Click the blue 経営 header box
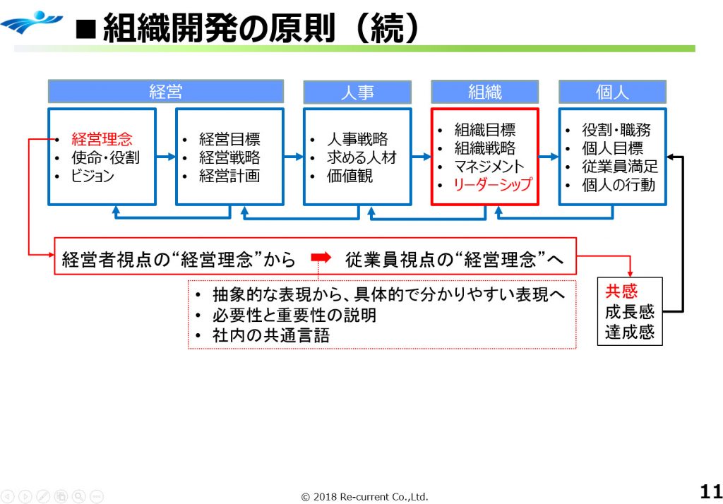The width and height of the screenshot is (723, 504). (166, 92)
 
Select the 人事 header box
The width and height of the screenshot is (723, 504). (357, 92)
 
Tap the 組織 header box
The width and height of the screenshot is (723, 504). (485, 92)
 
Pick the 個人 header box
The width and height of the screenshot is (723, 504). (612, 92)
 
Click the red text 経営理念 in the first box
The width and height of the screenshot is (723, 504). (102, 139)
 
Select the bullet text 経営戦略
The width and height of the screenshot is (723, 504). (229, 157)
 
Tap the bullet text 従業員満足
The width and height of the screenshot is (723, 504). (620, 167)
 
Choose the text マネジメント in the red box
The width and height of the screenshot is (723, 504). (489, 167)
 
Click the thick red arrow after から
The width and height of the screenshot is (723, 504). (321, 259)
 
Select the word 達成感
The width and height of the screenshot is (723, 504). (629, 331)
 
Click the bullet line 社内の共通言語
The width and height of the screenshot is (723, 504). (271, 335)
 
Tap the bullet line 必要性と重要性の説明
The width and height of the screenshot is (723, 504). (294, 316)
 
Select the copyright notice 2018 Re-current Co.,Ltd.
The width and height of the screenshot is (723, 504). (364, 496)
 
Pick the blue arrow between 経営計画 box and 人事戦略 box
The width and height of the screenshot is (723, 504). (293, 157)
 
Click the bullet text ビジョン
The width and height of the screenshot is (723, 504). (92, 176)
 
